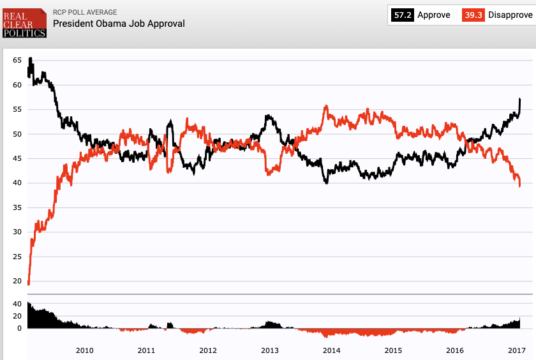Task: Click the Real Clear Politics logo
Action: [24, 22]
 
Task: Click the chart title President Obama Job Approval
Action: [119, 24]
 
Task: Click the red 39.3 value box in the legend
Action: [473, 15]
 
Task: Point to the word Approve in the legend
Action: [433, 15]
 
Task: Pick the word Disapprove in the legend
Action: [510, 15]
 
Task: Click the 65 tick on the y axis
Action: [18, 60]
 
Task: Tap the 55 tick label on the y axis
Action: [18, 109]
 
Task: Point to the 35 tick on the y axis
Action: [18, 207]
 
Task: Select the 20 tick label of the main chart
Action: [18, 281]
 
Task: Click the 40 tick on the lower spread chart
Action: [18, 304]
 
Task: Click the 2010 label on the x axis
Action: [85, 350]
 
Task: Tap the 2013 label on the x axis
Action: [270, 350]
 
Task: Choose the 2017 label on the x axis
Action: [516, 350]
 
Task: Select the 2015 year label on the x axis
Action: [393, 350]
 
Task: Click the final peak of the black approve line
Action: [520, 99]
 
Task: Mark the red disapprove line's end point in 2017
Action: [520, 186]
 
